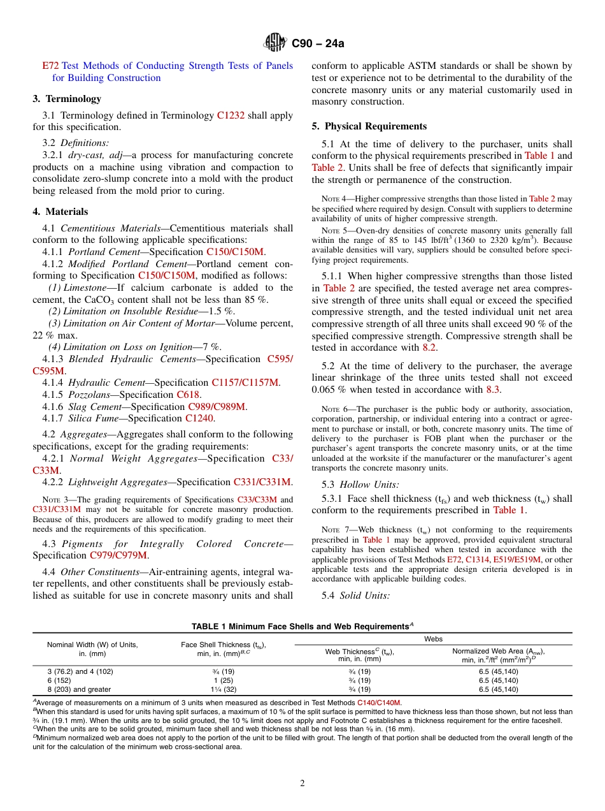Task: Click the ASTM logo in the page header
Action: pyautogui.click(x=275, y=43)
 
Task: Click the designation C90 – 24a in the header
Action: pyautogui.click(x=317, y=44)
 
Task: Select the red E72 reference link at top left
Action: pyautogui.click(x=50, y=66)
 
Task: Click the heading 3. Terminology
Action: pyautogui.click(x=67, y=99)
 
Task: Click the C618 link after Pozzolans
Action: pyautogui.click(x=188, y=395)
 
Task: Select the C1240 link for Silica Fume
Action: pyautogui.click(x=199, y=418)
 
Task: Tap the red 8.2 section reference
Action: pyautogui.click(x=430, y=347)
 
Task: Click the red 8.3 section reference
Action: pyautogui.click(x=494, y=390)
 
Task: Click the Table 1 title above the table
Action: pyautogui.click(x=302, y=627)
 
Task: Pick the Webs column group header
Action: pyautogui.click(x=433, y=639)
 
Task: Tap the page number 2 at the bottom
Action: pyautogui.click(x=302, y=784)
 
